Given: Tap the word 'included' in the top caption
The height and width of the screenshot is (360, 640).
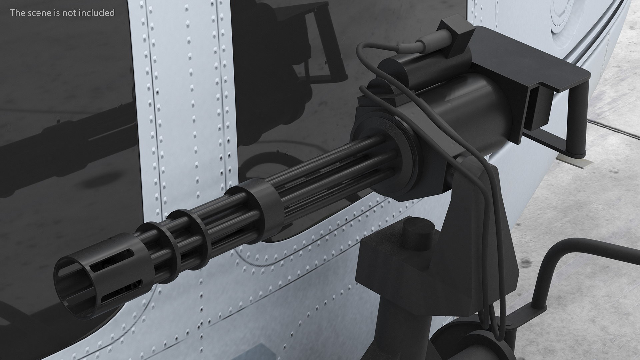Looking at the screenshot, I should tap(99, 13).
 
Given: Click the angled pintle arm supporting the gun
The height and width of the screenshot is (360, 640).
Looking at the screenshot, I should tap(473, 213).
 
